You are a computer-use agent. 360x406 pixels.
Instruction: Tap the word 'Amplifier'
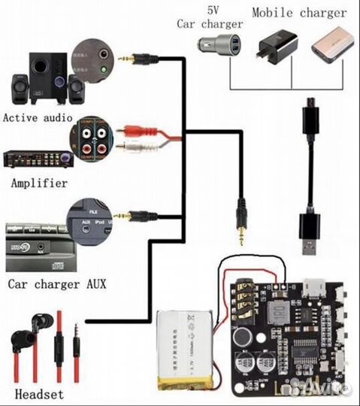point(39,183)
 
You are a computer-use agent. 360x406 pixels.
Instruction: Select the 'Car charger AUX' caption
point(56,284)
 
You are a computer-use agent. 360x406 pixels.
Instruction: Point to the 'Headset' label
point(39,394)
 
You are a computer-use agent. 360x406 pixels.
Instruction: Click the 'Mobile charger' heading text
point(299,13)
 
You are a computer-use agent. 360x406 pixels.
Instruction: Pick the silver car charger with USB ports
point(222,43)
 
